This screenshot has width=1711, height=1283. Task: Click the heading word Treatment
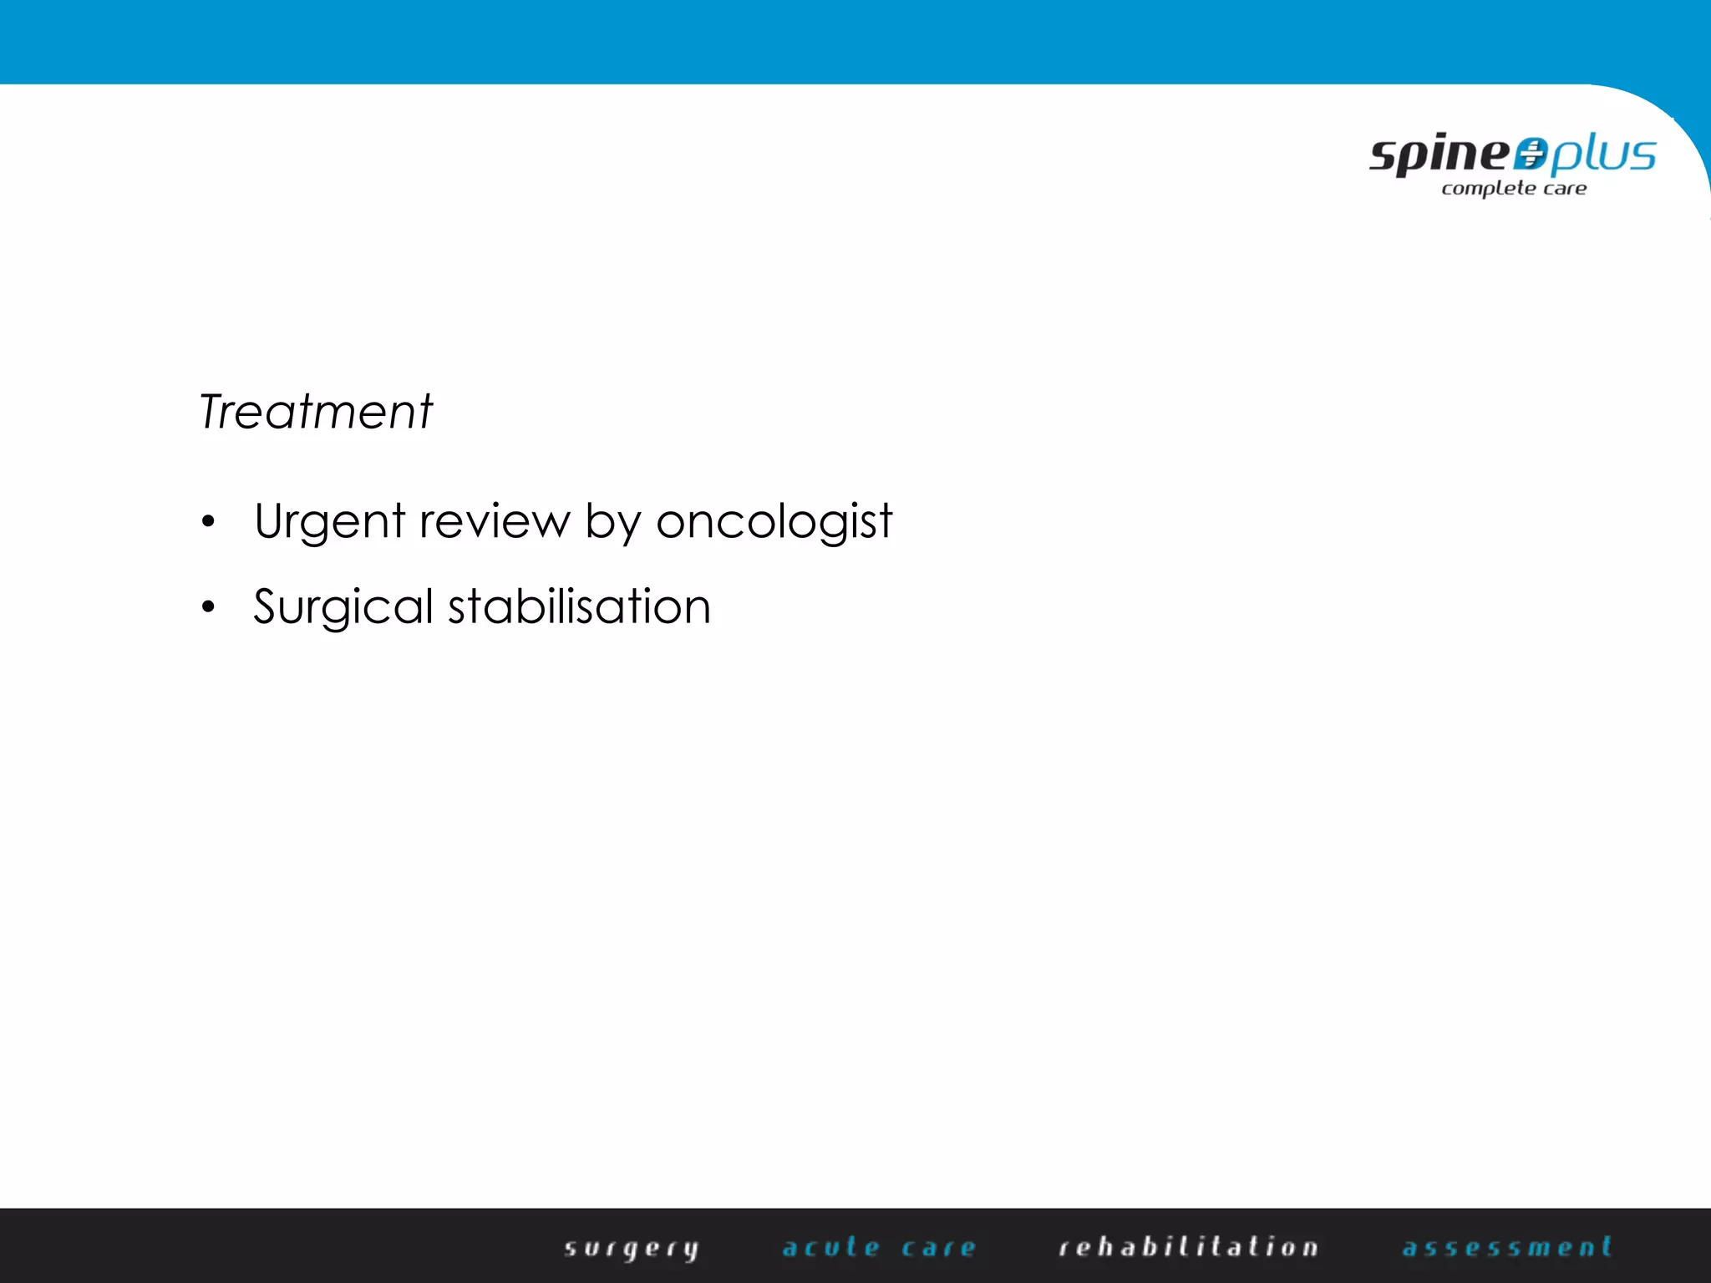(316, 412)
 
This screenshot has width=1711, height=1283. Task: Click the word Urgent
(329, 522)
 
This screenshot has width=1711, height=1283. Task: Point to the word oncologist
(774, 522)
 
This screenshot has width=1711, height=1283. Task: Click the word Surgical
(343, 607)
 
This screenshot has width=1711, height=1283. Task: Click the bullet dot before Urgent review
(208, 523)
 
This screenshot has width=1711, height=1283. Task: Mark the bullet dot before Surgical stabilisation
(208, 607)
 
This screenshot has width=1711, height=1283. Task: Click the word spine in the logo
(1439, 155)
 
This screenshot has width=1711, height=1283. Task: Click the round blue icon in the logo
(1531, 155)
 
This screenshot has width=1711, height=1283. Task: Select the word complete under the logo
(1488, 189)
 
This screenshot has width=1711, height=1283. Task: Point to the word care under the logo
(1565, 189)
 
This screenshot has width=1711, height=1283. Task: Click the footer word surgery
(631, 1248)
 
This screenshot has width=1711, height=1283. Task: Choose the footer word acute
(831, 1248)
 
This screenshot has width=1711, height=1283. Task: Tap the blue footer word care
(938, 1248)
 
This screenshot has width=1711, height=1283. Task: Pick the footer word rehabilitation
(1188, 1247)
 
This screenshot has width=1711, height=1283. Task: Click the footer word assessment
(1506, 1247)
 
